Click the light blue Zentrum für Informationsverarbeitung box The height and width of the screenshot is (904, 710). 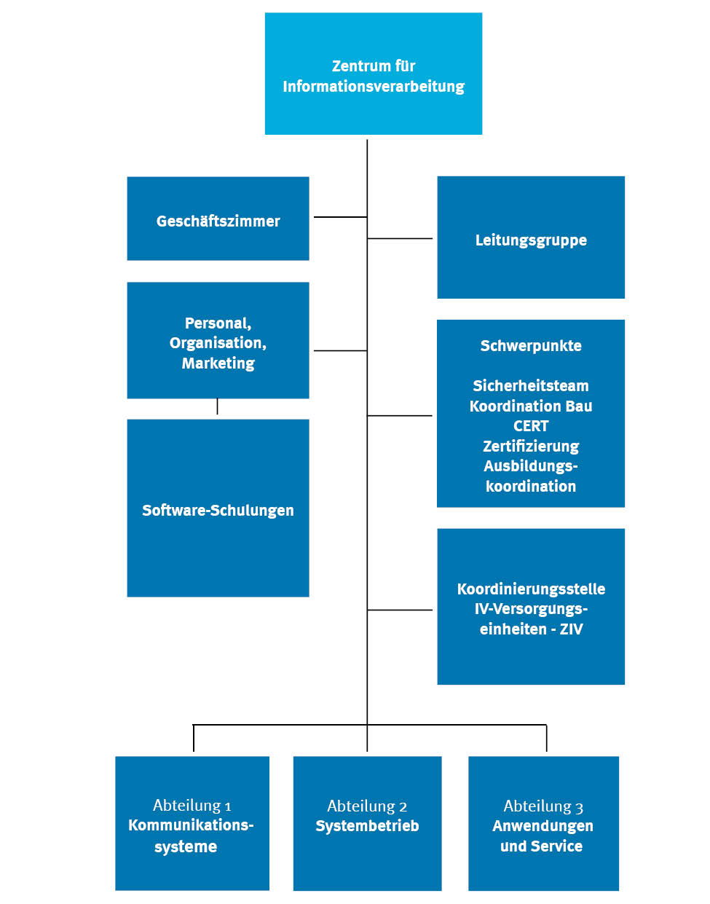pos(373,74)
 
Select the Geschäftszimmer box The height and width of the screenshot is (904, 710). pos(218,219)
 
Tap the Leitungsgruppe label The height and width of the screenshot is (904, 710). pos(531,240)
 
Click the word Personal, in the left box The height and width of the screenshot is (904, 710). pos(218,323)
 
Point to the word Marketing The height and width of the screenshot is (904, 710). pos(218,363)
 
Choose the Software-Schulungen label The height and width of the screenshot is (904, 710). pos(218,510)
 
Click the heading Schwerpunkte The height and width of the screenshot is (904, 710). pos(531,346)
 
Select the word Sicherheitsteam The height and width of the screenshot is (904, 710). pos(531,385)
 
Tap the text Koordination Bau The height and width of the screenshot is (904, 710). pos(531,406)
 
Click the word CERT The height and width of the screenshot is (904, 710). pos(531,425)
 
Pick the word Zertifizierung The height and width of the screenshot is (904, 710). pos(531,446)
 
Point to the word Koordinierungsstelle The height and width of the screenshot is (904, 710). pos(531,589)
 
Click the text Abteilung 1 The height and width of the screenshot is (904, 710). pos(192,805)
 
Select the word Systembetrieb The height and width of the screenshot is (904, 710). pos(367,826)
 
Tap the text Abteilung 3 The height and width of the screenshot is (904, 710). pos(543,806)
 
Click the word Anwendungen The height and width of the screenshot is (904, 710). pos(543,826)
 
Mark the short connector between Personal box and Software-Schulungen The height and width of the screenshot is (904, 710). pos(217,407)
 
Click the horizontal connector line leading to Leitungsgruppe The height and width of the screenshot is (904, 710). pos(400,238)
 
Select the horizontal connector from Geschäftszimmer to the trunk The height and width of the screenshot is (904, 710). pos(340,217)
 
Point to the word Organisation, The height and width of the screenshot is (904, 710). pos(218,342)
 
